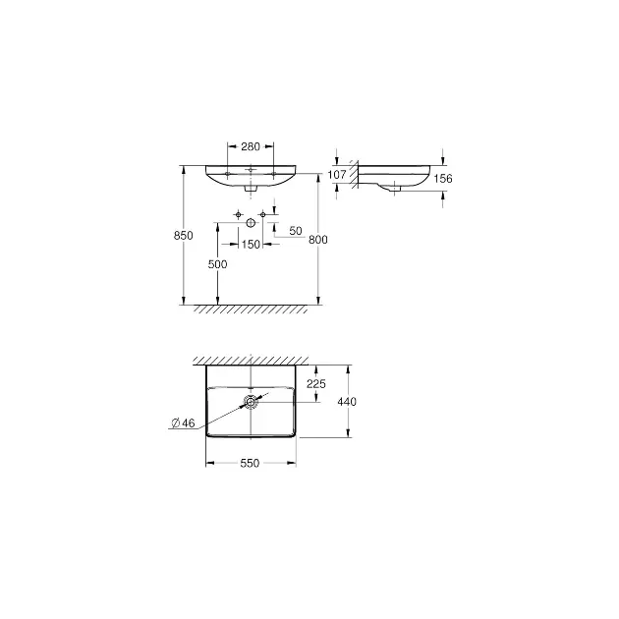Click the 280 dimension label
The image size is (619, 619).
pyautogui.click(x=251, y=146)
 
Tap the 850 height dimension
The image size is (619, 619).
pyautogui.click(x=184, y=235)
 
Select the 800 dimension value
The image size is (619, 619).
pyautogui.click(x=318, y=240)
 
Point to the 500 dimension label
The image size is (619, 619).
pyautogui.click(x=217, y=264)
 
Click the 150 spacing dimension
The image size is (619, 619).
pyautogui.click(x=251, y=245)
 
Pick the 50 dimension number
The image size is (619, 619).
pyautogui.click(x=296, y=231)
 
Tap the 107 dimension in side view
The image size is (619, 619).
pyautogui.click(x=337, y=175)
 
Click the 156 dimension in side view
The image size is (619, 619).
pyautogui.click(x=443, y=179)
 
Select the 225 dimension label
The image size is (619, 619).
pyautogui.click(x=316, y=384)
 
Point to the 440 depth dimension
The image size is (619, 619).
pyautogui.click(x=347, y=402)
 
